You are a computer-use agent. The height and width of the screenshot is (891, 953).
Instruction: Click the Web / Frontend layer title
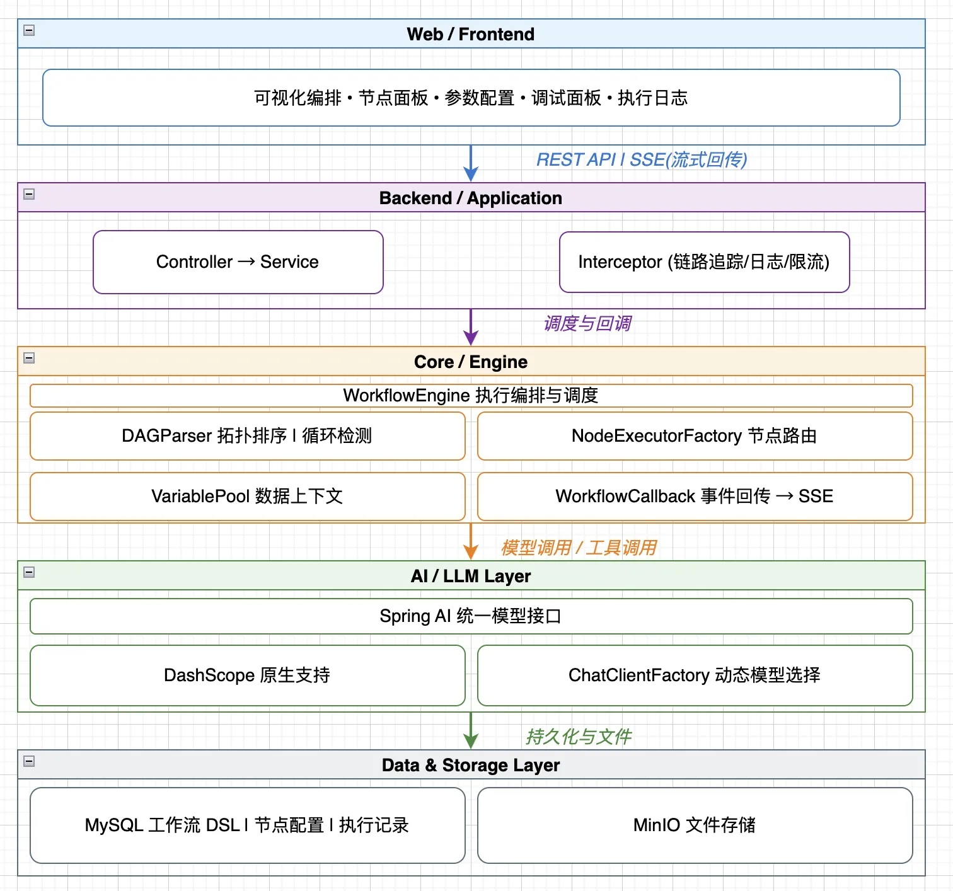pyautogui.click(x=471, y=34)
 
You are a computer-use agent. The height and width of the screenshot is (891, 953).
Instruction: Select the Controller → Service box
pyautogui.click(x=238, y=262)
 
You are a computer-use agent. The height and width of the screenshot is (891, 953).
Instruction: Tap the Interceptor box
pyautogui.click(x=704, y=262)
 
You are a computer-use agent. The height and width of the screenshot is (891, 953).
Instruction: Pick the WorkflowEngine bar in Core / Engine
pyautogui.click(x=471, y=396)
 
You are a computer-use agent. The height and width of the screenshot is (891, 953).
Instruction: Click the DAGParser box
pyautogui.click(x=247, y=436)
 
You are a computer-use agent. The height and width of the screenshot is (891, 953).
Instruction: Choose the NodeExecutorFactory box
pyautogui.click(x=695, y=436)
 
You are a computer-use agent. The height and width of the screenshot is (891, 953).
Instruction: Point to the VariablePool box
pyautogui.click(x=247, y=497)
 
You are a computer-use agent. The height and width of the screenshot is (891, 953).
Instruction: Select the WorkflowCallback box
pyautogui.click(x=695, y=497)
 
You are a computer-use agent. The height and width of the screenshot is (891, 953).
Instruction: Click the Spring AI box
pyautogui.click(x=471, y=616)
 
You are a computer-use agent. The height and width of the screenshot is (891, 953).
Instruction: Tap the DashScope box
pyautogui.click(x=247, y=675)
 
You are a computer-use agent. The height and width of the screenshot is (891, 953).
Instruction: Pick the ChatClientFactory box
pyautogui.click(x=695, y=675)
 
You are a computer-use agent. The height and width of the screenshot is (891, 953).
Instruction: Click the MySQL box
pyautogui.click(x=247, y=825)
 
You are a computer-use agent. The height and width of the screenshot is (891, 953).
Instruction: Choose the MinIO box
pyautogui.click(x=695, y=825)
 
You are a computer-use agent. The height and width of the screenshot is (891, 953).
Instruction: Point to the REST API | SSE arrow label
pyautogui.click(x=642, y=160)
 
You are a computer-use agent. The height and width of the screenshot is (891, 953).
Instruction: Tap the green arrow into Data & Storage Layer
pyautogui.click(x=471, y=731)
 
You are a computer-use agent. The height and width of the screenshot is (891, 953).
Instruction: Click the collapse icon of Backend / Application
pyautogui.click(x=29, y=194)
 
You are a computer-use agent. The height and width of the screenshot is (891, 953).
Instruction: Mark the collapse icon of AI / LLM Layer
pyautogui.click(x=29, y=572)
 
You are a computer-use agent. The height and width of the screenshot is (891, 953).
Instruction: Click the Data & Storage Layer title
pyautogui.click(x=471, y=765)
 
